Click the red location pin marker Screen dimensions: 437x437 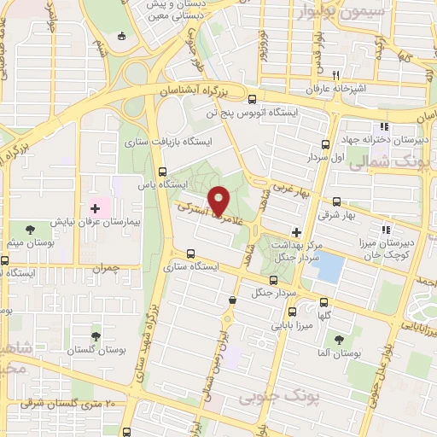218,201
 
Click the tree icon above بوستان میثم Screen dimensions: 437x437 30,229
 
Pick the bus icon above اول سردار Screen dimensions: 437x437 323,144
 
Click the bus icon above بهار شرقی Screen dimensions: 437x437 336,202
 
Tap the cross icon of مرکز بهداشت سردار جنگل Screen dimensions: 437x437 296,231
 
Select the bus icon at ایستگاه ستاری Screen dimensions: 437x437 189,253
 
